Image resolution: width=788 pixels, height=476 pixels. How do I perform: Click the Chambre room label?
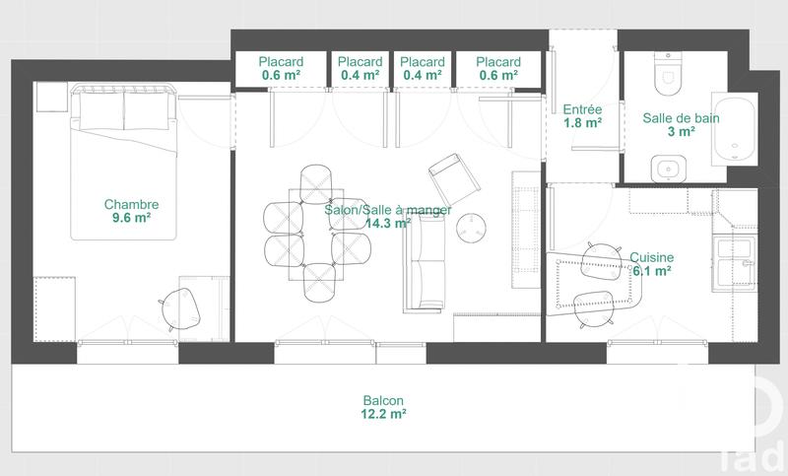131,205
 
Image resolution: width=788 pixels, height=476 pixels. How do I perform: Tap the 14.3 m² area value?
387,224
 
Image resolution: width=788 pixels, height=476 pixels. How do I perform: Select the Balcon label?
383,401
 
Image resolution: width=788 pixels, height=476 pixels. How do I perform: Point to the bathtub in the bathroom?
733,131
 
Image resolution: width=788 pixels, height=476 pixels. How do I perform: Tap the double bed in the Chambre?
124,163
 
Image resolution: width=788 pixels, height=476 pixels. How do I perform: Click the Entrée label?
582,109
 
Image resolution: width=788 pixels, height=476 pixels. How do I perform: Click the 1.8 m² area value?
582,124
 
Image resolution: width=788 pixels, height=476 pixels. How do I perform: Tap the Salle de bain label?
681,117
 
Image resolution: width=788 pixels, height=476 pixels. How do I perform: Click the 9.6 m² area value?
131,220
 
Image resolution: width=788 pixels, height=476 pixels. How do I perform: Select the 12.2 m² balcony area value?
383,415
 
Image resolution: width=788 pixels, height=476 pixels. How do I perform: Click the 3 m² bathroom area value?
681,132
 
